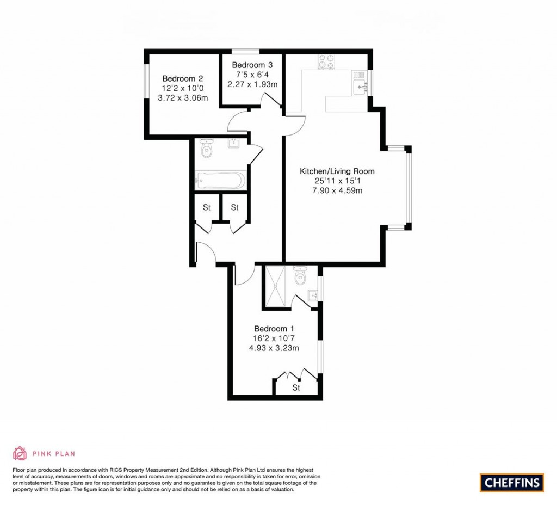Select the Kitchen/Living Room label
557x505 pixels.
(337, 171)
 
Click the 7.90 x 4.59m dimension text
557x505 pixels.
(337, 190)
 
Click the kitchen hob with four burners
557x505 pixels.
(326, 62)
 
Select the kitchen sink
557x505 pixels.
(360, 85)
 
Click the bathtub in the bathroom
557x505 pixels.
(220, 180)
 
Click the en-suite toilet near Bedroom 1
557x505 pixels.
(300, 276)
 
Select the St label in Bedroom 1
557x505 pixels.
(296, 388)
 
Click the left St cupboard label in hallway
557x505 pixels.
(207, 207)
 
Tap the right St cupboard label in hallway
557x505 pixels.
(235, 207)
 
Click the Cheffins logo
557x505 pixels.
(511, 482)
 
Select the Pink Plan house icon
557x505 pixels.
(20, 453)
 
